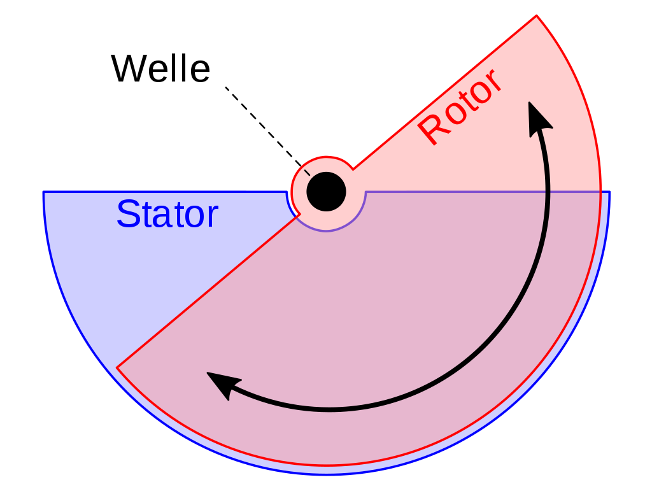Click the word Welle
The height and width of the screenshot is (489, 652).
[x=160, y=69]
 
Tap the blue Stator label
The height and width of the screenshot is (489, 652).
[x=167, y=215]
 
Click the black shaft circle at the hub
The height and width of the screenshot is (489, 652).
[x=326, y=192]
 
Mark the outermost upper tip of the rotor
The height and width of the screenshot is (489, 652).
[x=536, y=15]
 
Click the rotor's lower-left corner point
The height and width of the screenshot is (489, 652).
[x=117, y=367]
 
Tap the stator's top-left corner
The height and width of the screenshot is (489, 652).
[x=43, y=192]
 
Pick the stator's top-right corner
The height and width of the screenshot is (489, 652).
[x=609, y=192]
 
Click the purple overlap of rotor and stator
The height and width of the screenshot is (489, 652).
[x=382, y=306]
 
